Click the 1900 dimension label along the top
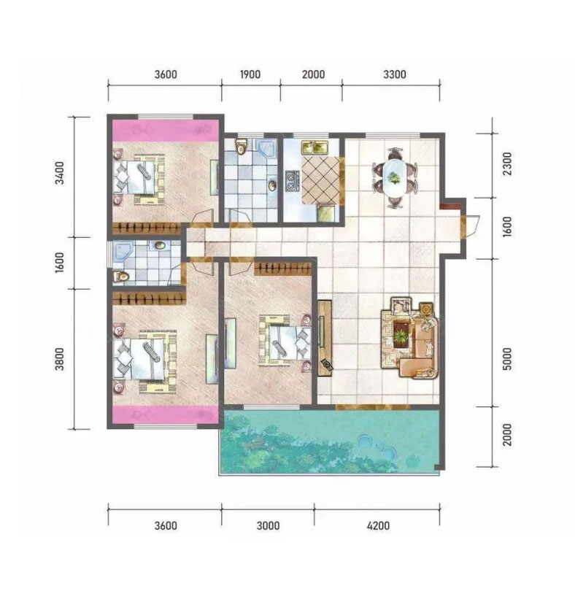tap(250, 74)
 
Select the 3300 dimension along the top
tap(395, 74)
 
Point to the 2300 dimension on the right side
tap(507, 163)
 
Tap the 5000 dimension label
tap(507, 358)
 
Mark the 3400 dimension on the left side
tap(60, 173)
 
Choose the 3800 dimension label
tap(60, 359)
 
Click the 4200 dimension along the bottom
tap(378, 525)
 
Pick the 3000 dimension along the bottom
tap(268, 525)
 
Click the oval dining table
tap(394, 177)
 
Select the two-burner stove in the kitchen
tap(292, 182)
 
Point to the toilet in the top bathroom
tap(242, 146)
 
